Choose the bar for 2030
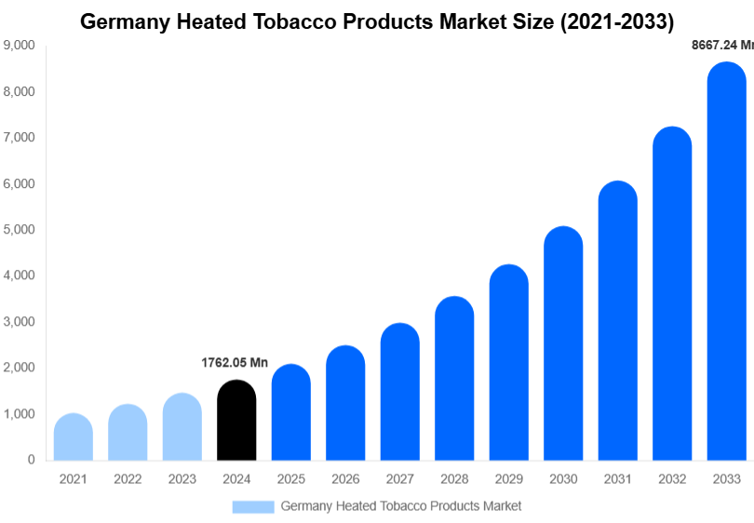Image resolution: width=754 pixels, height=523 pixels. pyautogui.click(x=563, y=343)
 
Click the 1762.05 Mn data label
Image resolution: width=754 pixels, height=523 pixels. pyautogui.click(x=235, y=363)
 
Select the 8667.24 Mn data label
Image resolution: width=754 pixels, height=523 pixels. pyautogui.click(x=721, y=44)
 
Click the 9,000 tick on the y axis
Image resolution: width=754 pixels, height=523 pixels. pyautogui.click(x=20, y=45)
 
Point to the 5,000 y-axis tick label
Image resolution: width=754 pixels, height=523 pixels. pyautogui.click(x=20, y=229)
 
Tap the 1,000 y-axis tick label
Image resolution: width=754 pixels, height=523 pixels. pyautogui.click(x=20, y=413)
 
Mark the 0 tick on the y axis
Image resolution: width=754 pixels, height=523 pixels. pyautogui.click(x=31, y=460)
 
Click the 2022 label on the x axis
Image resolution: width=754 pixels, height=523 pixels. pyautogui.click(x=128, y=479)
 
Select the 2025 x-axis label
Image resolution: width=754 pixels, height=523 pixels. pyautogui.click(x=290, y=479)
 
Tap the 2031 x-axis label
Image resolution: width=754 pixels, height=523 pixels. pyautogui.click(x=617, y=479)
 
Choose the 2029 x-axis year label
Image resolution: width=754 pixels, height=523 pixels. pyautogui.click(x=508, y=479)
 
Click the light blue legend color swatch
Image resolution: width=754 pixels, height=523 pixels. pyautogui.click(x=253, y=506)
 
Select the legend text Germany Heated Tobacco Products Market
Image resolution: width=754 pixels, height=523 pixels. pyautogui.click(x=401, y=506)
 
